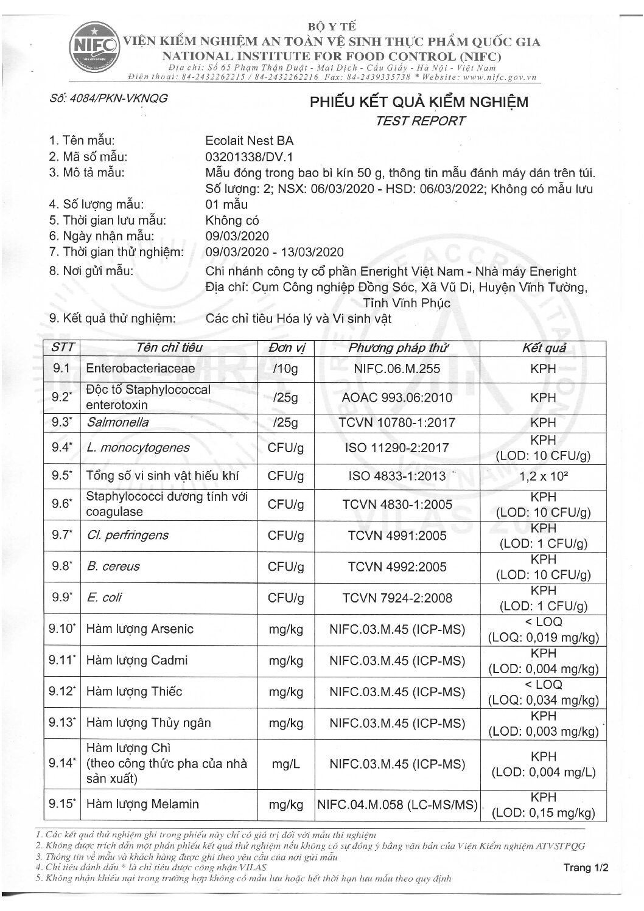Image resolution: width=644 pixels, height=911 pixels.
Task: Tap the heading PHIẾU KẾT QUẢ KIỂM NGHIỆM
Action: (x=419, y=102)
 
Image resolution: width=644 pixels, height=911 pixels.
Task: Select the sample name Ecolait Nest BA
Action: (x=250, y=139)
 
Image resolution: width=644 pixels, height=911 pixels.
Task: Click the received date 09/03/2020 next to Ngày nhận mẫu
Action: (x=237, y=236)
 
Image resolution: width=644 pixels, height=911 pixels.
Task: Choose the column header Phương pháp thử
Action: (x=397, y=348)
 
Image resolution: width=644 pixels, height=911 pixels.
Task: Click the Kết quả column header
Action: (x=543, y=348)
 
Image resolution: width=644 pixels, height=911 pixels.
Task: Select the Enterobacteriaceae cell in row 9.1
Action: (x=141, y=368)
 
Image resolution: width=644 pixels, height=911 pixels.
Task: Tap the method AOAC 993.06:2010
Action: (x=397, y=398)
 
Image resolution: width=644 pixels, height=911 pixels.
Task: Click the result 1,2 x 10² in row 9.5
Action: (x=543, y=476)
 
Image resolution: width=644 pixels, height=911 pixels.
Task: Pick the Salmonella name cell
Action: (x=117, y=422)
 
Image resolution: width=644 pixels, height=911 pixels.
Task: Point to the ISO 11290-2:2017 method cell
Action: (x=397, y=448)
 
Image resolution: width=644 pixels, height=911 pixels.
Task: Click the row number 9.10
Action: (x=62, y=629)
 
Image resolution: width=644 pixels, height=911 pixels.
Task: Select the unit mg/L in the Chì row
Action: (x=286, y=764)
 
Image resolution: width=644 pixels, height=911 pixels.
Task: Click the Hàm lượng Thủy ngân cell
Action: (x=149, y=723)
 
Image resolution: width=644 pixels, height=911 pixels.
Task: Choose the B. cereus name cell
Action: (x=113, y=567)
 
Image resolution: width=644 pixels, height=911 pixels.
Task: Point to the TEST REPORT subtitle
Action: (x=420, y=120)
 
